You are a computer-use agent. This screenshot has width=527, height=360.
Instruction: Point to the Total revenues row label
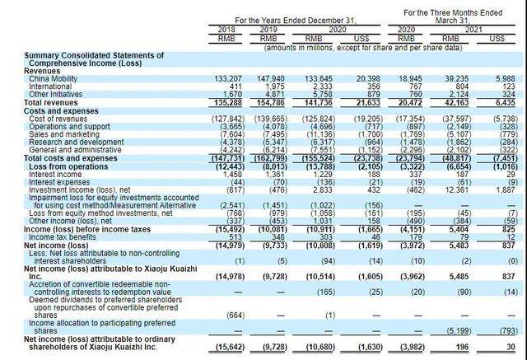[x=52, y=101]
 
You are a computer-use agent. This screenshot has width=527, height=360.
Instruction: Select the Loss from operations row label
[x=59, y=159]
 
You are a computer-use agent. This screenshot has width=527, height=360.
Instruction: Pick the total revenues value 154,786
[x=267, y=101]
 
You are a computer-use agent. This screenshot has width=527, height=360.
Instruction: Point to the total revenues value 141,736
[x=315, y=101]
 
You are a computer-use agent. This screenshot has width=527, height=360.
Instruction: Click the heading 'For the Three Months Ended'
[x=451, y=12]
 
